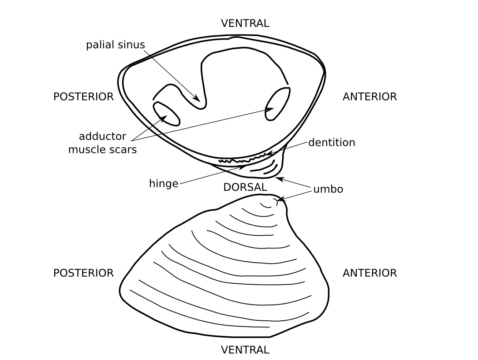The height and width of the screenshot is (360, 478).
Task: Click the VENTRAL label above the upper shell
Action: [245, 23]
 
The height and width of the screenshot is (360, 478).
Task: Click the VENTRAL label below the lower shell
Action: [245, 350]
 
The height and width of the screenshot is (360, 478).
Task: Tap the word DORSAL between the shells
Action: [245, 187]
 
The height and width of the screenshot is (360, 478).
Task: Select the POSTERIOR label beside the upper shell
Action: [83, 97]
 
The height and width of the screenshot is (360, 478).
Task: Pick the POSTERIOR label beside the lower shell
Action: [83, 273]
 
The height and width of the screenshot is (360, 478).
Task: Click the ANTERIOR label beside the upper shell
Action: [370, 97]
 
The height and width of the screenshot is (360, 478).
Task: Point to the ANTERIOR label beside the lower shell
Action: [370, 273]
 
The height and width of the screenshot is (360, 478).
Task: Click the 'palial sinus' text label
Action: [115, 45]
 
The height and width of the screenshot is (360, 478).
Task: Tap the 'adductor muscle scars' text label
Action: [102, 143]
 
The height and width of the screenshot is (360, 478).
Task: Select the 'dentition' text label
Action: [332, 142]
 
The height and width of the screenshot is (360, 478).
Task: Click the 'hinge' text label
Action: [164, 184]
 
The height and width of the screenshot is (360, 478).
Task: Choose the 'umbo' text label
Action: [328, 189]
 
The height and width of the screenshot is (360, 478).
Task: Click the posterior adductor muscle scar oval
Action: [166, 114]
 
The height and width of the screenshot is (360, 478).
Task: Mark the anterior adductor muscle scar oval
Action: [277, 104]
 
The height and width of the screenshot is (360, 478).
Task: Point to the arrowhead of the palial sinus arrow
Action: [197, 98]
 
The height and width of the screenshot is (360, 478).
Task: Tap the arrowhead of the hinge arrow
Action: [242, 167]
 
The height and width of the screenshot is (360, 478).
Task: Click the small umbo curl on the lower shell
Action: [269, 204]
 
